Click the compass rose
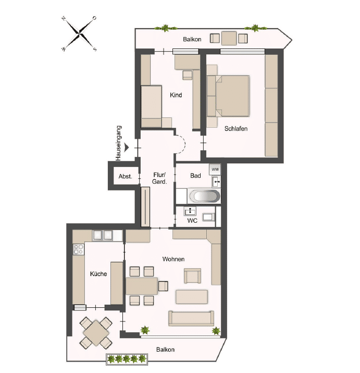(x=79, y=34)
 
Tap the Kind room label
(x=176, y=95)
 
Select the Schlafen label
(x=235, y=129)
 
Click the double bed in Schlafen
(x=228, y=96)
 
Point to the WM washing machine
(x=215, y=170)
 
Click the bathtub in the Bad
(x=204, y=196)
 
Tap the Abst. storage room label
(x=125, y=176)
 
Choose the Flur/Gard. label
(x=159, y=178)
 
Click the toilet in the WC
(x=208, y=216)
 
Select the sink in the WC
(x=190, y=211)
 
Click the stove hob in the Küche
(x=79, y=249)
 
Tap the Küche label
(x=98, y=274)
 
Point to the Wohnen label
(x=173, y=259)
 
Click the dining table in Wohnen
(x=142, y=286)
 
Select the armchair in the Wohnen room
(x=192, y=276)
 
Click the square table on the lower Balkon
(x=96, y=333)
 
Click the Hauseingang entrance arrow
(x=127, y=148)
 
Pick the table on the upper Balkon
(x=229, y=38)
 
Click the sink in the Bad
(x=216, y=182)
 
